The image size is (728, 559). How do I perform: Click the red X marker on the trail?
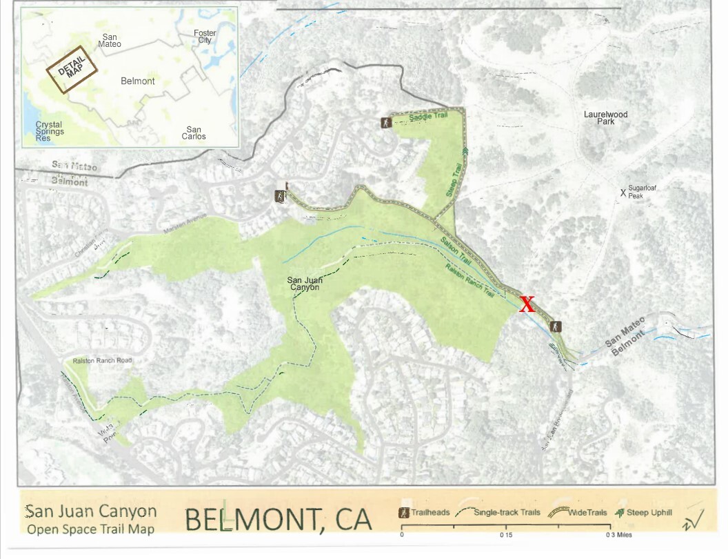point(527,304)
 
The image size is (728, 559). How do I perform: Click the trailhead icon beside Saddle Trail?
point(385,123)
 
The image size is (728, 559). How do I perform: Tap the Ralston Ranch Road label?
point(102,361)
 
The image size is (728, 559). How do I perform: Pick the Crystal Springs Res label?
point(50,132)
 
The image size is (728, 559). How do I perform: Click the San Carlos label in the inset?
point(194,133)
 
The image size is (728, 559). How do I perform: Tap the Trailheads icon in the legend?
point(403,513)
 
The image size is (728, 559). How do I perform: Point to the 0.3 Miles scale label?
point(617,535)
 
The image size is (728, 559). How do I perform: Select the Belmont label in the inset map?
point(137,81)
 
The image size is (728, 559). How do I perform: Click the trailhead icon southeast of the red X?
point(556,326)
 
